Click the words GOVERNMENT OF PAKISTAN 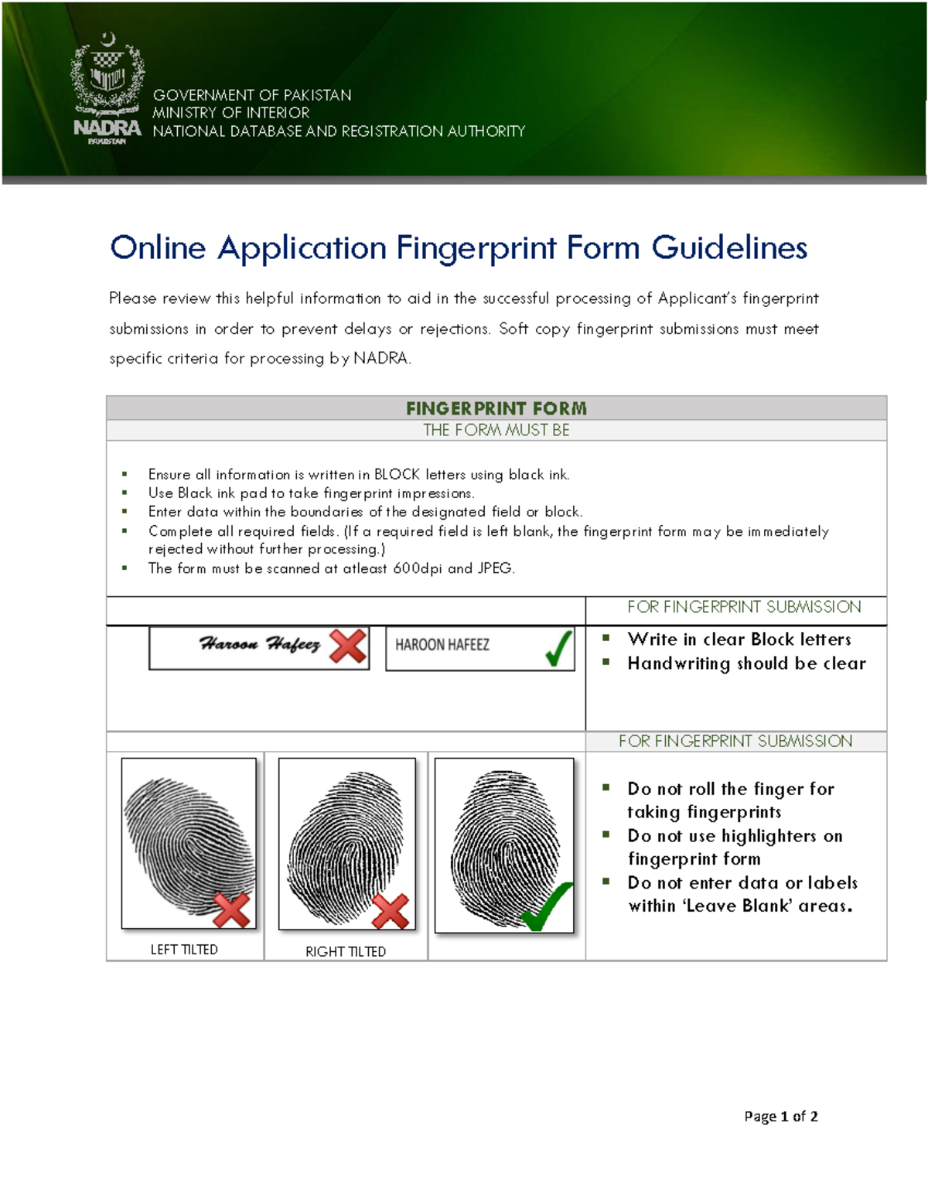pyautogui.click(x=251, y=95)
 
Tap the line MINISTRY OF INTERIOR pyautogui.click(x=230, y=113)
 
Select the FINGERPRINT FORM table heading pyautogui.click(x=496, y=408)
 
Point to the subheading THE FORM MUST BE pyautogui.click(x=496, y=430)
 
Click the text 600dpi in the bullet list pyautogui.click(x=418, y=568)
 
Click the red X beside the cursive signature pyautogui.click(x=348, y=646)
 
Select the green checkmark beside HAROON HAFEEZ pyautogui.click(x=558, y=647)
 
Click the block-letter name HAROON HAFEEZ pyautogui.click(x=442, y=645)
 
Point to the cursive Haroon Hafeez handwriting pyautogui.click(x=259, y=644)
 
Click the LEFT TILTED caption pyautogui.click(x=184, y=950)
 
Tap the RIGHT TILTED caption pyautogui.click(x=345, y=952)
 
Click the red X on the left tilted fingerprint pyautogui.click(x=231, y=910)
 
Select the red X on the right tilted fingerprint pyautogui.click(x=391, y=912)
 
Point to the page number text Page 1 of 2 pyautogui.click(x=780, y=1116)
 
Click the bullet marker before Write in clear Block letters pyautogui.click(x=606, y=638)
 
